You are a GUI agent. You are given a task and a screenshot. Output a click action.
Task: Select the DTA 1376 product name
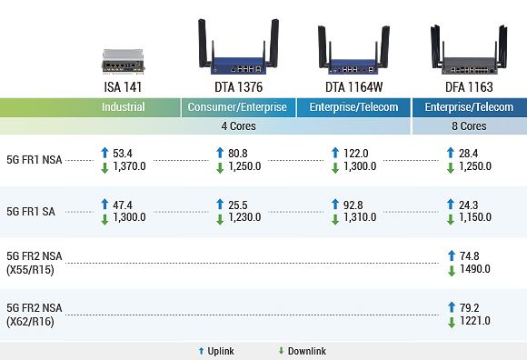[239, 87]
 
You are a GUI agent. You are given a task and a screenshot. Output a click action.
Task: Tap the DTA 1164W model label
[353, 87]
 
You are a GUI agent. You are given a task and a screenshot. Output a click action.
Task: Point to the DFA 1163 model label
[469, 87]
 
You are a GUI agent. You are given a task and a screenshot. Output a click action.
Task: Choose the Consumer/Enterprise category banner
[239, 107]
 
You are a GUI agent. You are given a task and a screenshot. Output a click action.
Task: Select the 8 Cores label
[469, 125]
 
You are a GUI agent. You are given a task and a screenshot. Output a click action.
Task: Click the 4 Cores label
[239, 125]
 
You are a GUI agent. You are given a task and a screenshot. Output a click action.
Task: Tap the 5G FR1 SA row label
[30, 211]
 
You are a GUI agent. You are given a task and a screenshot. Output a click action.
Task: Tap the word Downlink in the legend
[307, 351]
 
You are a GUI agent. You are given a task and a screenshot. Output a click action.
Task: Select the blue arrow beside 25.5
[220, 205]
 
